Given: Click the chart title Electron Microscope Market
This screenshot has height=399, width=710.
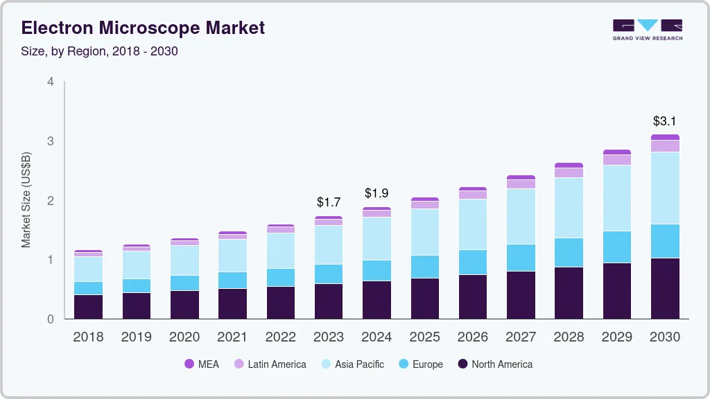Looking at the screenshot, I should pos(143,28).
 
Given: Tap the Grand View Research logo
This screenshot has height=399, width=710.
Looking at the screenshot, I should pos(647,29).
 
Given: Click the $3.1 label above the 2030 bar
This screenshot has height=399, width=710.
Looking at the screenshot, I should pos(665,121).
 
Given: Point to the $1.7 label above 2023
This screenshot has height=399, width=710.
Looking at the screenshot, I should pos(329,202).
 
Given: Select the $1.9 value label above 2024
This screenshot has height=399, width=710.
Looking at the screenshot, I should pos(376,193).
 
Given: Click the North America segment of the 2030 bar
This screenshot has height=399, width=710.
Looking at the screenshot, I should pos(665,288).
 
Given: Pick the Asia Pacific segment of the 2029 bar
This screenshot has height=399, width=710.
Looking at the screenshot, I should pos(617,198).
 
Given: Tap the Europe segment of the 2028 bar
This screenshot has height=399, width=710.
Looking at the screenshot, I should pos(569,252).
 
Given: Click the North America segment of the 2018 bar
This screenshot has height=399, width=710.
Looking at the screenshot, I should pos(88,307).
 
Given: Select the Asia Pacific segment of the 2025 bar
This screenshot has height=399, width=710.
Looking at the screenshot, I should pos(424,232).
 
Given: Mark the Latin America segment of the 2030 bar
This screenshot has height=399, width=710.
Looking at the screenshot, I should pos(665,146).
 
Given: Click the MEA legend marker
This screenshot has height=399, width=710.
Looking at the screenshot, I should pos(189,364).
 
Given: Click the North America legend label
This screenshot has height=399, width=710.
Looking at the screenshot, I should pos(502,364).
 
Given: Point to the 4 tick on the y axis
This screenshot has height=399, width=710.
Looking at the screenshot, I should pos(50,82).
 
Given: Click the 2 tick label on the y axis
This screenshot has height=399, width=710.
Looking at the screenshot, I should pos(50,201).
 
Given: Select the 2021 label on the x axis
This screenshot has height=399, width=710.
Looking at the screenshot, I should pos(232,337).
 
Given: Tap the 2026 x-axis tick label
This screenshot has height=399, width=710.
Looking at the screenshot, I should pos(472,337).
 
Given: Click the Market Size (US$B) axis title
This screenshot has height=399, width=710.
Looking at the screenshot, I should pos(26,199).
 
